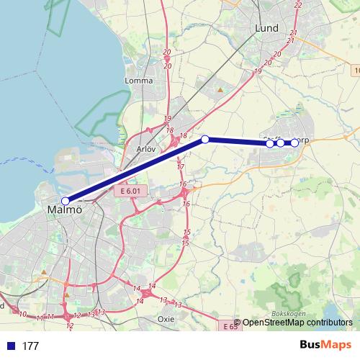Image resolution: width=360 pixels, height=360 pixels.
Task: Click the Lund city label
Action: pos(266,28)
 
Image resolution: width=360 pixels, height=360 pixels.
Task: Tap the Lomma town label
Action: pos(139,81)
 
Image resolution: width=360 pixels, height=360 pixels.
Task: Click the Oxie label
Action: pos(165,318)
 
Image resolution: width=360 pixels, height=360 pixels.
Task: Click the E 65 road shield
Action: pos(229,326)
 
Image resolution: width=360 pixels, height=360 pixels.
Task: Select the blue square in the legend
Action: pos(9,346)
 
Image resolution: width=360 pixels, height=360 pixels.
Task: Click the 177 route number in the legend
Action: pos(30,346)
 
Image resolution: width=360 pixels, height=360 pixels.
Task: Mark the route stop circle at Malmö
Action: pos(66,201)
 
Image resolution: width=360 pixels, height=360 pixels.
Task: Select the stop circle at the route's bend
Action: pos(205,139)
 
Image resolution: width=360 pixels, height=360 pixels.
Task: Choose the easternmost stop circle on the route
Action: pos(294,143)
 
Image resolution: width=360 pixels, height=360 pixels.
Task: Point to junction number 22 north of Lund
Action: pos(298,5)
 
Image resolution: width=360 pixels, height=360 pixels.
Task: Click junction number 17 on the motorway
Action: pos(180,167)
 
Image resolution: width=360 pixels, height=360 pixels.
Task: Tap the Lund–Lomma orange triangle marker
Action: pos(220,90)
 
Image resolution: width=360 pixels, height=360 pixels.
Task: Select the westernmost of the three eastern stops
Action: pos(270,143)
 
